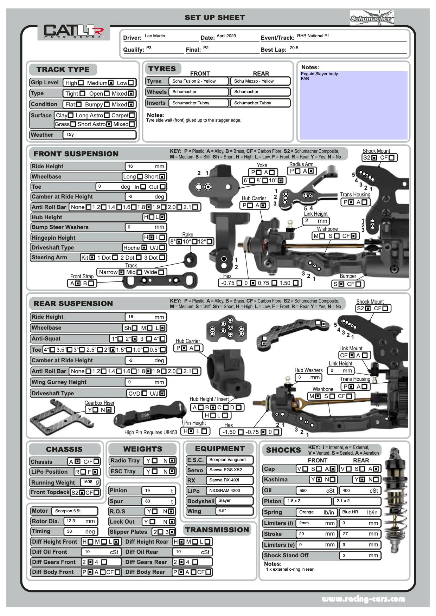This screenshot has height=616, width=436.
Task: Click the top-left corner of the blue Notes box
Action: [x=300, y=72]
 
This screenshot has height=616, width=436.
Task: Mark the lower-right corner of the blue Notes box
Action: [x=408, y=140]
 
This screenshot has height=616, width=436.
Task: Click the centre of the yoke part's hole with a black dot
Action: [x=208, y=187]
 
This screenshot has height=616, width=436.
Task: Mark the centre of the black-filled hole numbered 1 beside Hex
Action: [x=224, y=259]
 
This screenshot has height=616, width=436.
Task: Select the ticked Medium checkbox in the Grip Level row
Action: [x=111, y=83]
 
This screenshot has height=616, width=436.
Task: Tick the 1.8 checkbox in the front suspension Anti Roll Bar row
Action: [x=149, y=207]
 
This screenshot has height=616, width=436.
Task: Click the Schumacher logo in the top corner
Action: [x=372, y=18]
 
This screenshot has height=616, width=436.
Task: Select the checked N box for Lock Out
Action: [x=172, y=522]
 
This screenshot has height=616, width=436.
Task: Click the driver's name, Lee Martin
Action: [x=155, y=36]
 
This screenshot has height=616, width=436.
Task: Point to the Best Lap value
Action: [x=294, y=48]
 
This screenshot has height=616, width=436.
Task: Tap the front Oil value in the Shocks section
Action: [x=303, y=491]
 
